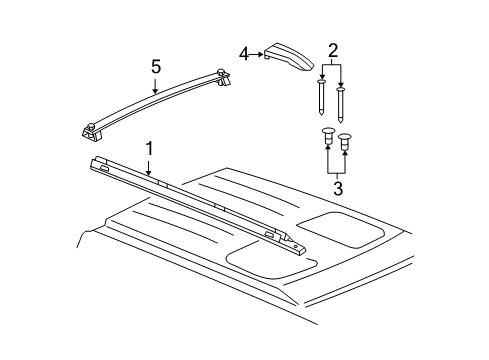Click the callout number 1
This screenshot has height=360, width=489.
[x=149, y=149]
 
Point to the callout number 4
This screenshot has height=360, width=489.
[x=243, y=54]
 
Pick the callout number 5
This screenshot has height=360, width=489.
[x=155, y=68]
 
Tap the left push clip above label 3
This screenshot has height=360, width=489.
[x=329, y=137]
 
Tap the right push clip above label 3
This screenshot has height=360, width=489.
[x=346, y=141]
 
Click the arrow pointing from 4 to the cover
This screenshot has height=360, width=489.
[x=258, y=56]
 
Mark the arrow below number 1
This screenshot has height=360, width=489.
[x=151, y=169]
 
